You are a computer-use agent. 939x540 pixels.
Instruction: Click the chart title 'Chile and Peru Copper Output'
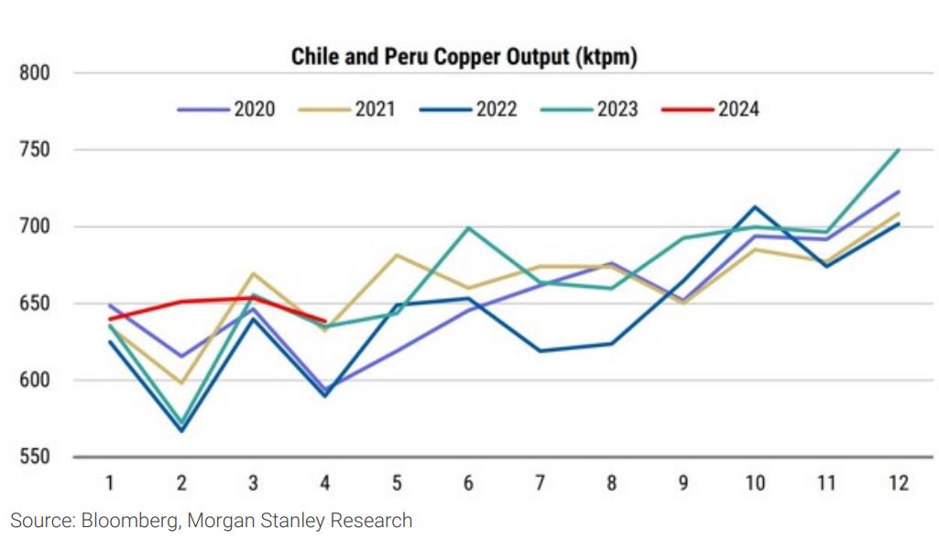tap(464, 57)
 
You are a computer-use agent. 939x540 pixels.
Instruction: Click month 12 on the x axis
tap(899, 483)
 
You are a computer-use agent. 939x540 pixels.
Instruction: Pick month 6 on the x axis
tap(468, 483)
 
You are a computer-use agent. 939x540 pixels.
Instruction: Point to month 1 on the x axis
tap(110, 483)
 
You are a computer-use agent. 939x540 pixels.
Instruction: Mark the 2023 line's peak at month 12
tap(899, 149)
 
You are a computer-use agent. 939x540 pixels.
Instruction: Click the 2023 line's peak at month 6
tap(468, 227)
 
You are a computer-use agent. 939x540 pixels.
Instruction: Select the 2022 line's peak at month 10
tap(755, 207)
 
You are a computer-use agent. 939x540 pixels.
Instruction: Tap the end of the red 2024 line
tap(325, 321)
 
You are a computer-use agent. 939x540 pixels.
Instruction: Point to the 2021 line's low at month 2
tap(181, 383)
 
